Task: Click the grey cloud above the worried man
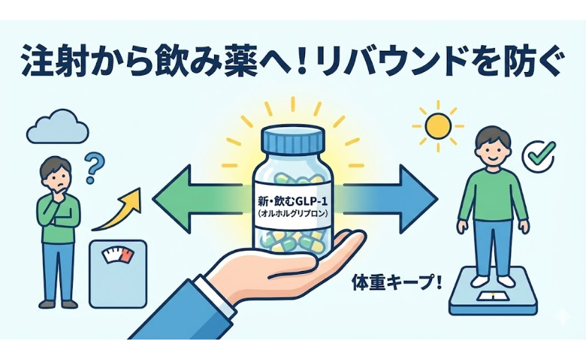[x=58, y=128]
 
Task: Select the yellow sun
[x=437, y=125]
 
